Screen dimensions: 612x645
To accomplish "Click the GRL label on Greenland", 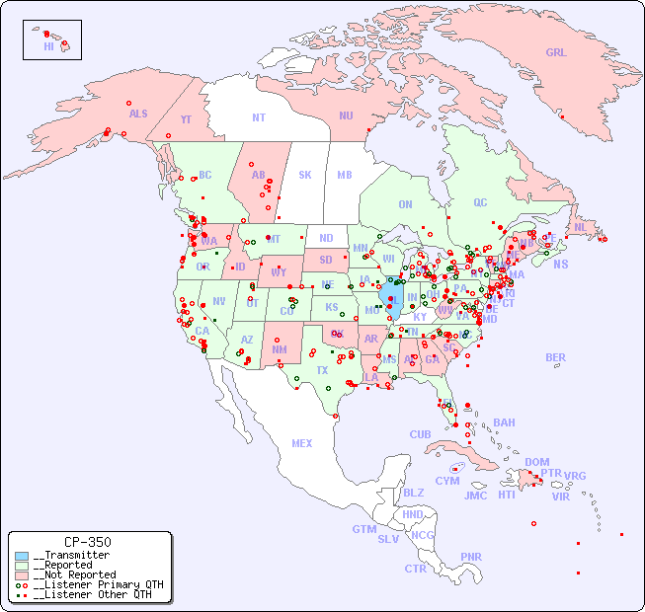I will click(556, 53).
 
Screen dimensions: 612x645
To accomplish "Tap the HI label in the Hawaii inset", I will click(48, 46).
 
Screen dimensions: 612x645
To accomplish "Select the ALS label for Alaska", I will click(138, 114).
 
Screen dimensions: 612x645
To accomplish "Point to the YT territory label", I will click(186, 119).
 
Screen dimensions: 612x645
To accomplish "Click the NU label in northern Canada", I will click(346, 115).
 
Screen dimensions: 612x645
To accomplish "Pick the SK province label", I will click(305, 175).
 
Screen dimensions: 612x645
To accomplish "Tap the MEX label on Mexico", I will click(302, 443).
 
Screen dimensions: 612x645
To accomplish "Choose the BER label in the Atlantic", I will click(555, 357).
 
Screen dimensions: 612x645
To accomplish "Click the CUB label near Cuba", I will click(420, 434).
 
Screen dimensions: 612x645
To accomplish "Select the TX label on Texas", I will click(322, 370).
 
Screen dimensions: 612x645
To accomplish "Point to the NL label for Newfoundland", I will click(580, 227).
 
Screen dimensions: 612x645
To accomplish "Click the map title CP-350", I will click(88, 542).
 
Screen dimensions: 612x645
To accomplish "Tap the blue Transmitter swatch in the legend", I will click(22, 556).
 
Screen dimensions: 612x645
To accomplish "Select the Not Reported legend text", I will click(74, 574).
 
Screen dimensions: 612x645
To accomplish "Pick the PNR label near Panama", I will click(471, 557).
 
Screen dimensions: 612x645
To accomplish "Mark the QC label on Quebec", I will click(480, 202).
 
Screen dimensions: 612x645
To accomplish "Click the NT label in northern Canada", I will click(259, 116).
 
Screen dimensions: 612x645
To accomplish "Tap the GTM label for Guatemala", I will click(363, 529).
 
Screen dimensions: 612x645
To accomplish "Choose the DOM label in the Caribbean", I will click(536, 462).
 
